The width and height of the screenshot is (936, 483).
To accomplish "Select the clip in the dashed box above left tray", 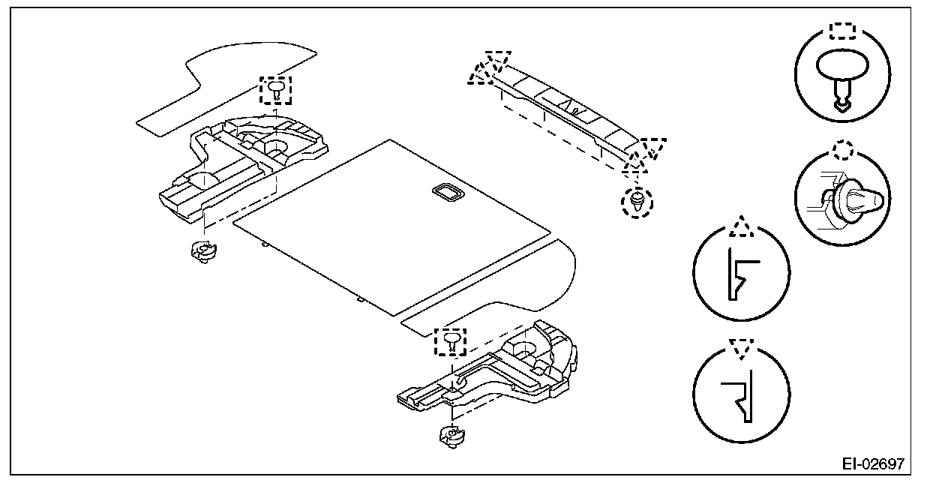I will (276, 90).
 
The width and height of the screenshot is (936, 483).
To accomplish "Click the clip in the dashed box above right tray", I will (451, 341).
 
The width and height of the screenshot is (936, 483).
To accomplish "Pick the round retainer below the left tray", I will (201, 251).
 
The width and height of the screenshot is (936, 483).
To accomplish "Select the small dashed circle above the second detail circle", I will (843, 150).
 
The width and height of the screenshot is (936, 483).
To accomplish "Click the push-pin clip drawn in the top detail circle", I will (842, 79).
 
